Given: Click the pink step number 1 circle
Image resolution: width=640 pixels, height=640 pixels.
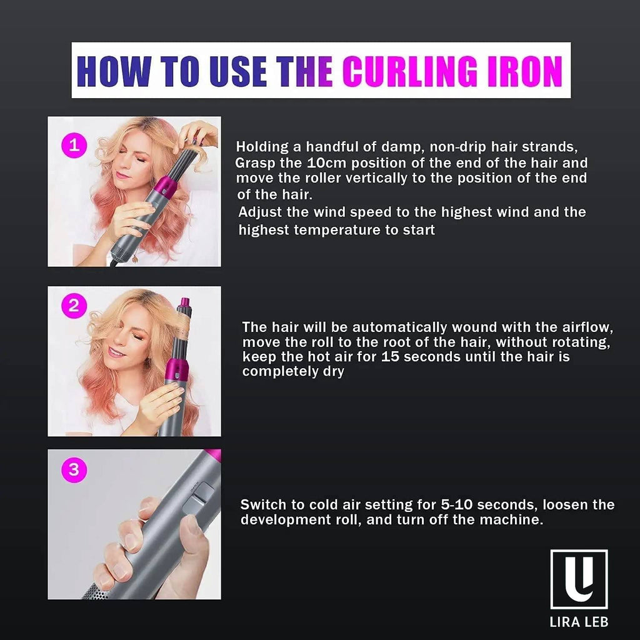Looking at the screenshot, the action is [74, 145].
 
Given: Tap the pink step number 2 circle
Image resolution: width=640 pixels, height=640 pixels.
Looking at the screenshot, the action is [74, 306].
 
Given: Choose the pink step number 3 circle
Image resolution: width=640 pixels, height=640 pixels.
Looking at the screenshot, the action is [74, 470].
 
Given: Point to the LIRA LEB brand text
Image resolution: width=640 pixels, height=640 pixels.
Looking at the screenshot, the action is [579, 622].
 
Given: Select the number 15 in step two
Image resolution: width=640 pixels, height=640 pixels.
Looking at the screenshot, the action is [391, 357].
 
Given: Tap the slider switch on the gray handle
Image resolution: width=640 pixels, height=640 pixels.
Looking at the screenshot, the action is [197, 499].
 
